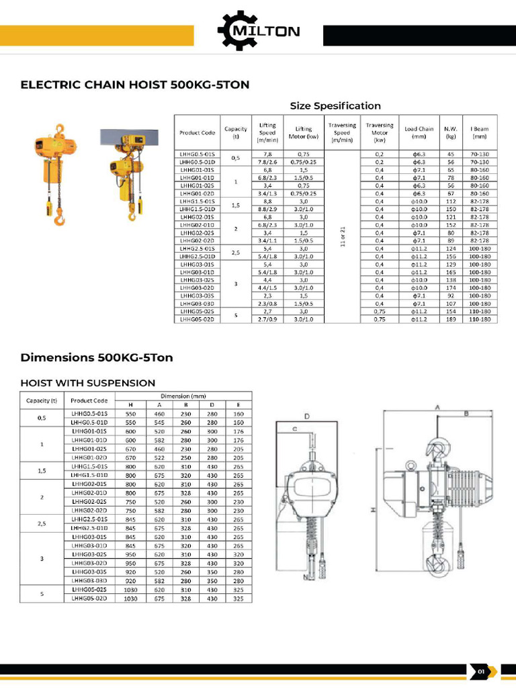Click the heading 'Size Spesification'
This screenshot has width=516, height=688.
[335, 105]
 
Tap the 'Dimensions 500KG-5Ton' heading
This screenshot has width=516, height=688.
[97, 357]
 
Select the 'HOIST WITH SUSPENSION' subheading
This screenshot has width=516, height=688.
[88, 383]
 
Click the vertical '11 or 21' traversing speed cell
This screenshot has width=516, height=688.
[342, 236]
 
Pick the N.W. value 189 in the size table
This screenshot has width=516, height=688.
[450, 320]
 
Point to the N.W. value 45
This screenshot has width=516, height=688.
[450, 155]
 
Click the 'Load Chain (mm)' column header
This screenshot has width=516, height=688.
[419, 132]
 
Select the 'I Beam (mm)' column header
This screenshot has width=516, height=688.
[479, 132]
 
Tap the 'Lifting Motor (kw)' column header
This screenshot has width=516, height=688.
[303, 132]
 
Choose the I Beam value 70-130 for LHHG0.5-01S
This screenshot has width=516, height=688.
[479, 155]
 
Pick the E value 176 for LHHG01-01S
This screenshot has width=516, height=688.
[238, 431]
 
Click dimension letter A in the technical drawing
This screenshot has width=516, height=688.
[437, 407]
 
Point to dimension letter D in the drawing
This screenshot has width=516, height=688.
[306, 417]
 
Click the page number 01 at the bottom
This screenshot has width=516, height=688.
[481, 671]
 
